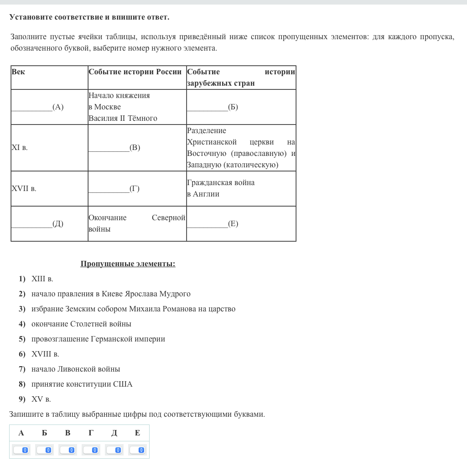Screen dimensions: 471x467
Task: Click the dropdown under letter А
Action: coord(21,450)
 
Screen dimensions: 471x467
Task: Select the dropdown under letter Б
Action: coord(44,450)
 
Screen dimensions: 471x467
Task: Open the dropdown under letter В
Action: coord(67,450)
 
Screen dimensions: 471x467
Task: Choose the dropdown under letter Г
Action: coord(91,450)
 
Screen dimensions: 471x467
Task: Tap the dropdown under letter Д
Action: coord(114,450)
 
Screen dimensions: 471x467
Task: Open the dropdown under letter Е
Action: coord(137,450)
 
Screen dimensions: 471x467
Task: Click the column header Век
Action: coord(18,72)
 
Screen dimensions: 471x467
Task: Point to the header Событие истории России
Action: coord(135,72)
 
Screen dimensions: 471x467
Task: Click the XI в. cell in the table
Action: coord(20,148)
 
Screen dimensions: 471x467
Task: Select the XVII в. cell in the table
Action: coord(24,188)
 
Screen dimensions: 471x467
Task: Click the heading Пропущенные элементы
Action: coord(128,264)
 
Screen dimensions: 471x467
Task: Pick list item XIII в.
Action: coord(42,279)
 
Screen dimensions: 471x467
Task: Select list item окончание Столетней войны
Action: coord(81,324)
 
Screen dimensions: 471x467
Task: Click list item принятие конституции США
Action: coord(82,384)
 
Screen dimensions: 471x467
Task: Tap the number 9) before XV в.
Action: coord(22,399)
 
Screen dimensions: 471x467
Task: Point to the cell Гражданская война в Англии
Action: coord(221,188)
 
